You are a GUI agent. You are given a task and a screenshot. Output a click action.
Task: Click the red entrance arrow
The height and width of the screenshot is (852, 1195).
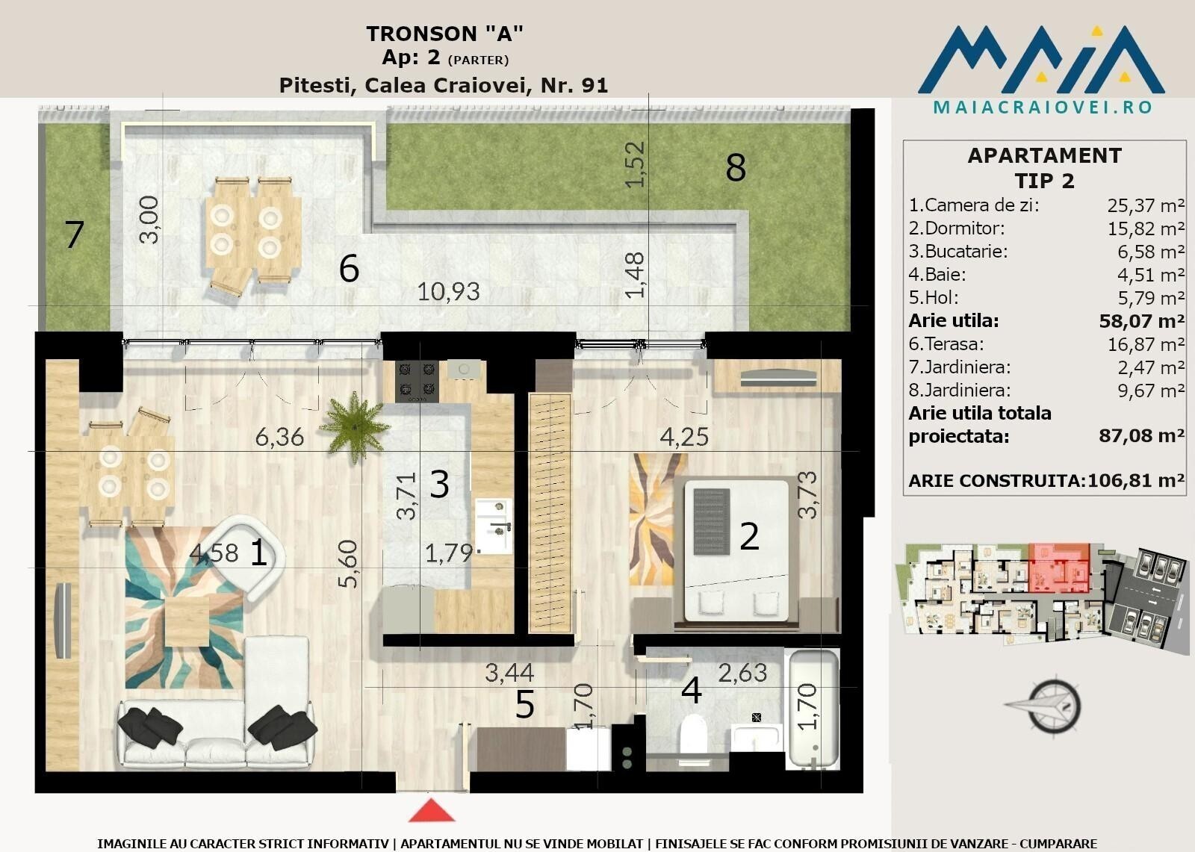pos(432,810)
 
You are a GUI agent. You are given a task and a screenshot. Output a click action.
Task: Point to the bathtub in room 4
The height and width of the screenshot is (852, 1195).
pos(813,709)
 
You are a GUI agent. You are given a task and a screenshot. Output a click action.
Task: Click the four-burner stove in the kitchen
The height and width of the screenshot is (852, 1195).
pos(417,381)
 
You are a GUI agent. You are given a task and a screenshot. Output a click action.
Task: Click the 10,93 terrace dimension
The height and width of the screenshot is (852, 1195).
pos(448,292)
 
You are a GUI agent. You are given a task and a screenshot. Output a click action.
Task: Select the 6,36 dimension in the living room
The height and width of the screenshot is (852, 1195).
pos(279,438)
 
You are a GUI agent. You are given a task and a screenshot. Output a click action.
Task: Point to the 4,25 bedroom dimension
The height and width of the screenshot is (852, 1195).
pos(684,437)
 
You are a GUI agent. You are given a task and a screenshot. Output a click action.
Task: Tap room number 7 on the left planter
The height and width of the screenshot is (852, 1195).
pos(74,234)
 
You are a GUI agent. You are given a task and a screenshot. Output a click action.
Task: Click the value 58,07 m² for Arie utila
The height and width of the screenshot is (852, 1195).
pos(1142,321)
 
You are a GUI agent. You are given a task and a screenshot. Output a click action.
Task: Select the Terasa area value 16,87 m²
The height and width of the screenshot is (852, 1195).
pos(1146,345)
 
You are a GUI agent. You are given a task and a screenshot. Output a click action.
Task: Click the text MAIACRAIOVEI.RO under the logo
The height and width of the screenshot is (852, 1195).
pos(1043,108)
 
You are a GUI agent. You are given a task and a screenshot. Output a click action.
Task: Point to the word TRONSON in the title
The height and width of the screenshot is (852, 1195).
pos(421,34)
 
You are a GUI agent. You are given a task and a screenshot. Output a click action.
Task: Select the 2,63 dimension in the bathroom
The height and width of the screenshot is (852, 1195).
pos(742,674)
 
